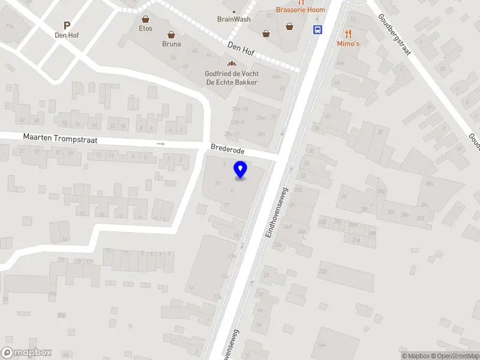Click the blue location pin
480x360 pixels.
(241, 170)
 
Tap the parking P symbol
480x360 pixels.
(67, 25)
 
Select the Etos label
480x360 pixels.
(146, 28)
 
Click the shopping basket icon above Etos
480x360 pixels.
(146, 19)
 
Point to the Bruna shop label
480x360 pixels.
(171, 44)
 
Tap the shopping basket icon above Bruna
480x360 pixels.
(171, 34)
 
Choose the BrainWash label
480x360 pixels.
(234, 19)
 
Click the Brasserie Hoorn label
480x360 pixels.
(301, 10)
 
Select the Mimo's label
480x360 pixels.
(348, 44)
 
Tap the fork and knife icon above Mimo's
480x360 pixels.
(348, 34)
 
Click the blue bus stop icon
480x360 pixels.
(317, 29)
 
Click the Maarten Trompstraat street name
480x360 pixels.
(60, 138)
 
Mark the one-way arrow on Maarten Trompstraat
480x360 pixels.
(160, 144)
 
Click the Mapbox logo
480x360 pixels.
(26, 353)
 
